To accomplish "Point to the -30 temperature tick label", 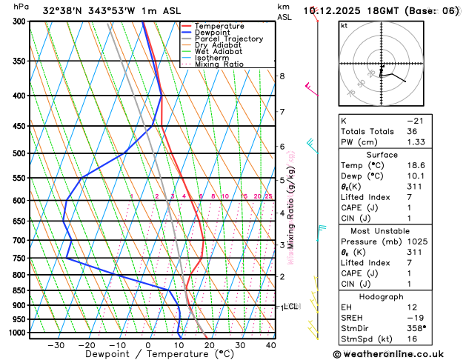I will (x=56, y=345).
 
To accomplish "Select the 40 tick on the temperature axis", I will (x=270, y=345).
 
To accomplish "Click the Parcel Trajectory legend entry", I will (x=228, y=39).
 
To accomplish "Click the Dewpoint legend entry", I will (x=216, y=33).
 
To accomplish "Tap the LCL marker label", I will (x=290, y=306).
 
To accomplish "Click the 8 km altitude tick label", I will (x=282, y=76).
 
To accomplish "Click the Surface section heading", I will (x=397, y=155).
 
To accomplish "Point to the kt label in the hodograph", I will (x=344, y=26).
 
